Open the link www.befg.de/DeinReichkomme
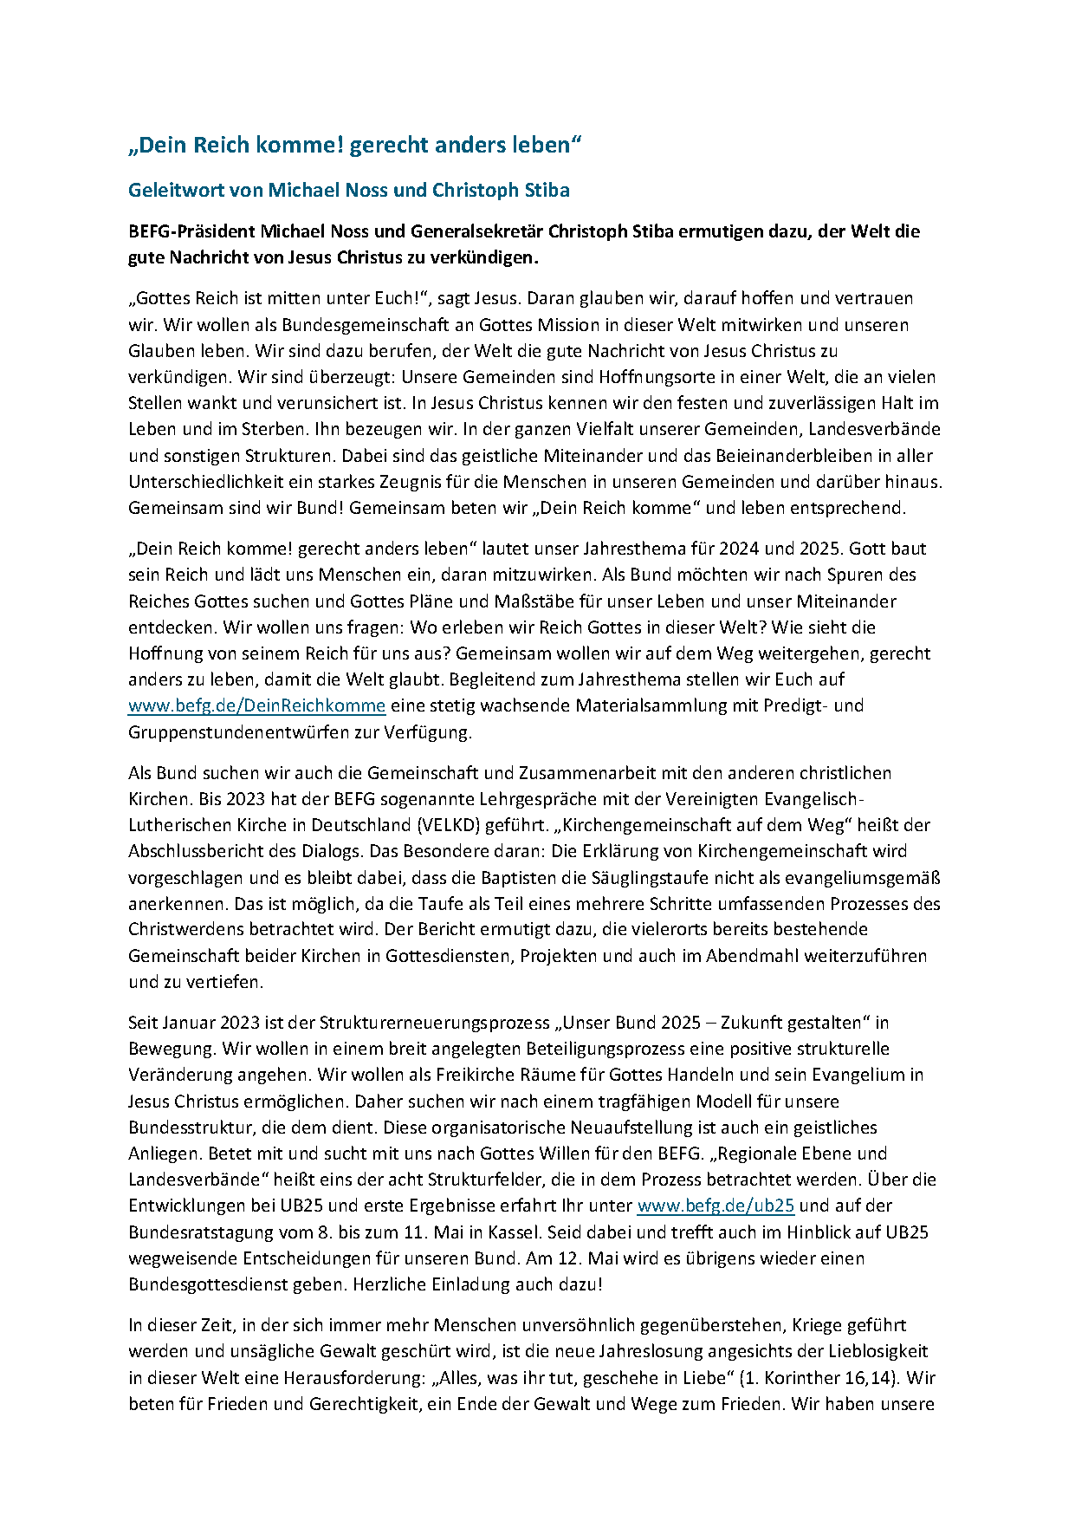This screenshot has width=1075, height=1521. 256,705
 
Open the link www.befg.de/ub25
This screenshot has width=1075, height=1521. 716,1206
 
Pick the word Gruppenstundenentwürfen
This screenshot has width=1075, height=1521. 231,731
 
